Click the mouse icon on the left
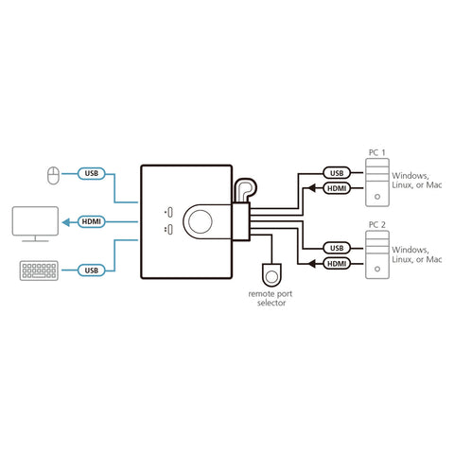[53, 173]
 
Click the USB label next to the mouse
[92, 173]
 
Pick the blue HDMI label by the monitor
[92, 221]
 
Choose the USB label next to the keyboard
[92, 271]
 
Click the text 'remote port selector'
[272, 299]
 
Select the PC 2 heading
[376, 225]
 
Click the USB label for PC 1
[336, 173]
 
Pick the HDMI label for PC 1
[336, 187]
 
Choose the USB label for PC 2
[336, 248]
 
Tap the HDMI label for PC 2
[336, 263]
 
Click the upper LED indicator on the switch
[167, 211]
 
